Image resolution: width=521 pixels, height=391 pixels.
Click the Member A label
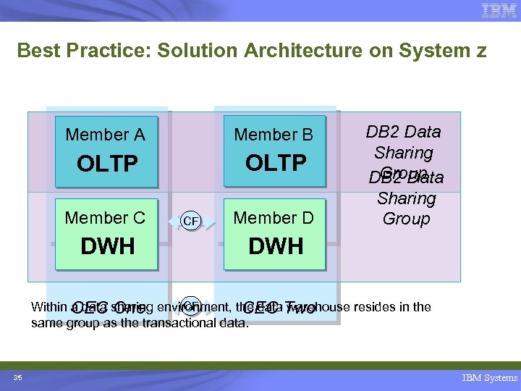click(106, 135)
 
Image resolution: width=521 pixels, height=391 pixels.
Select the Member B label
click(274, 135)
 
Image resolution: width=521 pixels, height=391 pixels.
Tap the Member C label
click(106, 217)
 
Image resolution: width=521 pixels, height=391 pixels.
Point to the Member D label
click(274, 217)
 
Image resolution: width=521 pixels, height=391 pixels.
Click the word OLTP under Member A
click(107, 164)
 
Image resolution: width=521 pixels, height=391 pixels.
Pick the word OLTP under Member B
click(276, 163)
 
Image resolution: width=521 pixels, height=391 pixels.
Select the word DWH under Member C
click(107, 246)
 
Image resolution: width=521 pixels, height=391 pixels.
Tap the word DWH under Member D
click(276, 246)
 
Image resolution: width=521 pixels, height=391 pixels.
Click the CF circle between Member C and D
click(190, 221)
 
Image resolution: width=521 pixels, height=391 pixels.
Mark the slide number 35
click(17, 377)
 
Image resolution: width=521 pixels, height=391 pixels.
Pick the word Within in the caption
click(48, 307)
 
